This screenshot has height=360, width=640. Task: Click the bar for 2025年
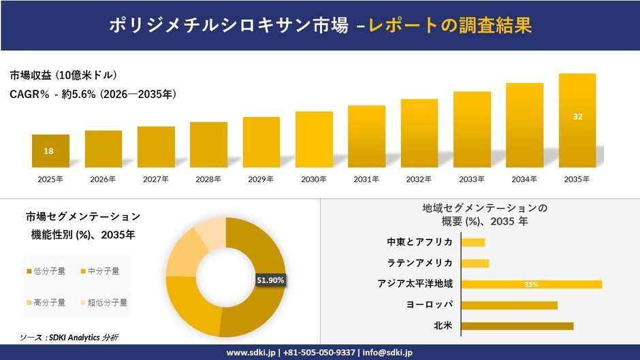50,150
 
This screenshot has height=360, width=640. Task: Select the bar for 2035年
577,120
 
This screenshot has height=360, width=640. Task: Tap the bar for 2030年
314,139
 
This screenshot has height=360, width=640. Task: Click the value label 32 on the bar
577,116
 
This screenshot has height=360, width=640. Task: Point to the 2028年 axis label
208,180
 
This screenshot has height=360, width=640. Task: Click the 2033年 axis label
472,180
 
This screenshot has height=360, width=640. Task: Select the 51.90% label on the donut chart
270,280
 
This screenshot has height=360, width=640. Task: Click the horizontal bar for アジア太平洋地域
531,284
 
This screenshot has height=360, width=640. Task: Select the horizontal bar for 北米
517,326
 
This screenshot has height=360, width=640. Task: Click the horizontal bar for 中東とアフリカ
473,242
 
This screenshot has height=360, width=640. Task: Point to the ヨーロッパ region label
429,304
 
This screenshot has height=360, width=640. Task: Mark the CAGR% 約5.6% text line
93,95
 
